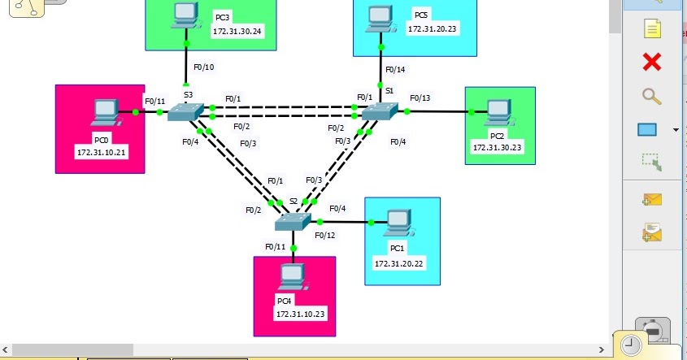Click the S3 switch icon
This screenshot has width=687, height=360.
(x=185, y=112)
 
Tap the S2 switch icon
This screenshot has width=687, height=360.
(x=293, y=221)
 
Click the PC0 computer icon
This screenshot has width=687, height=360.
(x=104, y=111)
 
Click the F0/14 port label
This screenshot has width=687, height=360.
(x=394, y=70)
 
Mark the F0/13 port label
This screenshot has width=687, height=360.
(x=420, y=98)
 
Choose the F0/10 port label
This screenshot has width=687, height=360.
(x=202, y=67)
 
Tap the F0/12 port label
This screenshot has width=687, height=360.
(x=324, y=236)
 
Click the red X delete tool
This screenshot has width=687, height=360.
(x=651, y=62)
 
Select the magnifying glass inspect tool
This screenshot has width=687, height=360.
(x=651, y=96)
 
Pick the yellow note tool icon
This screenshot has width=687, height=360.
(x=652, y=29)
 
